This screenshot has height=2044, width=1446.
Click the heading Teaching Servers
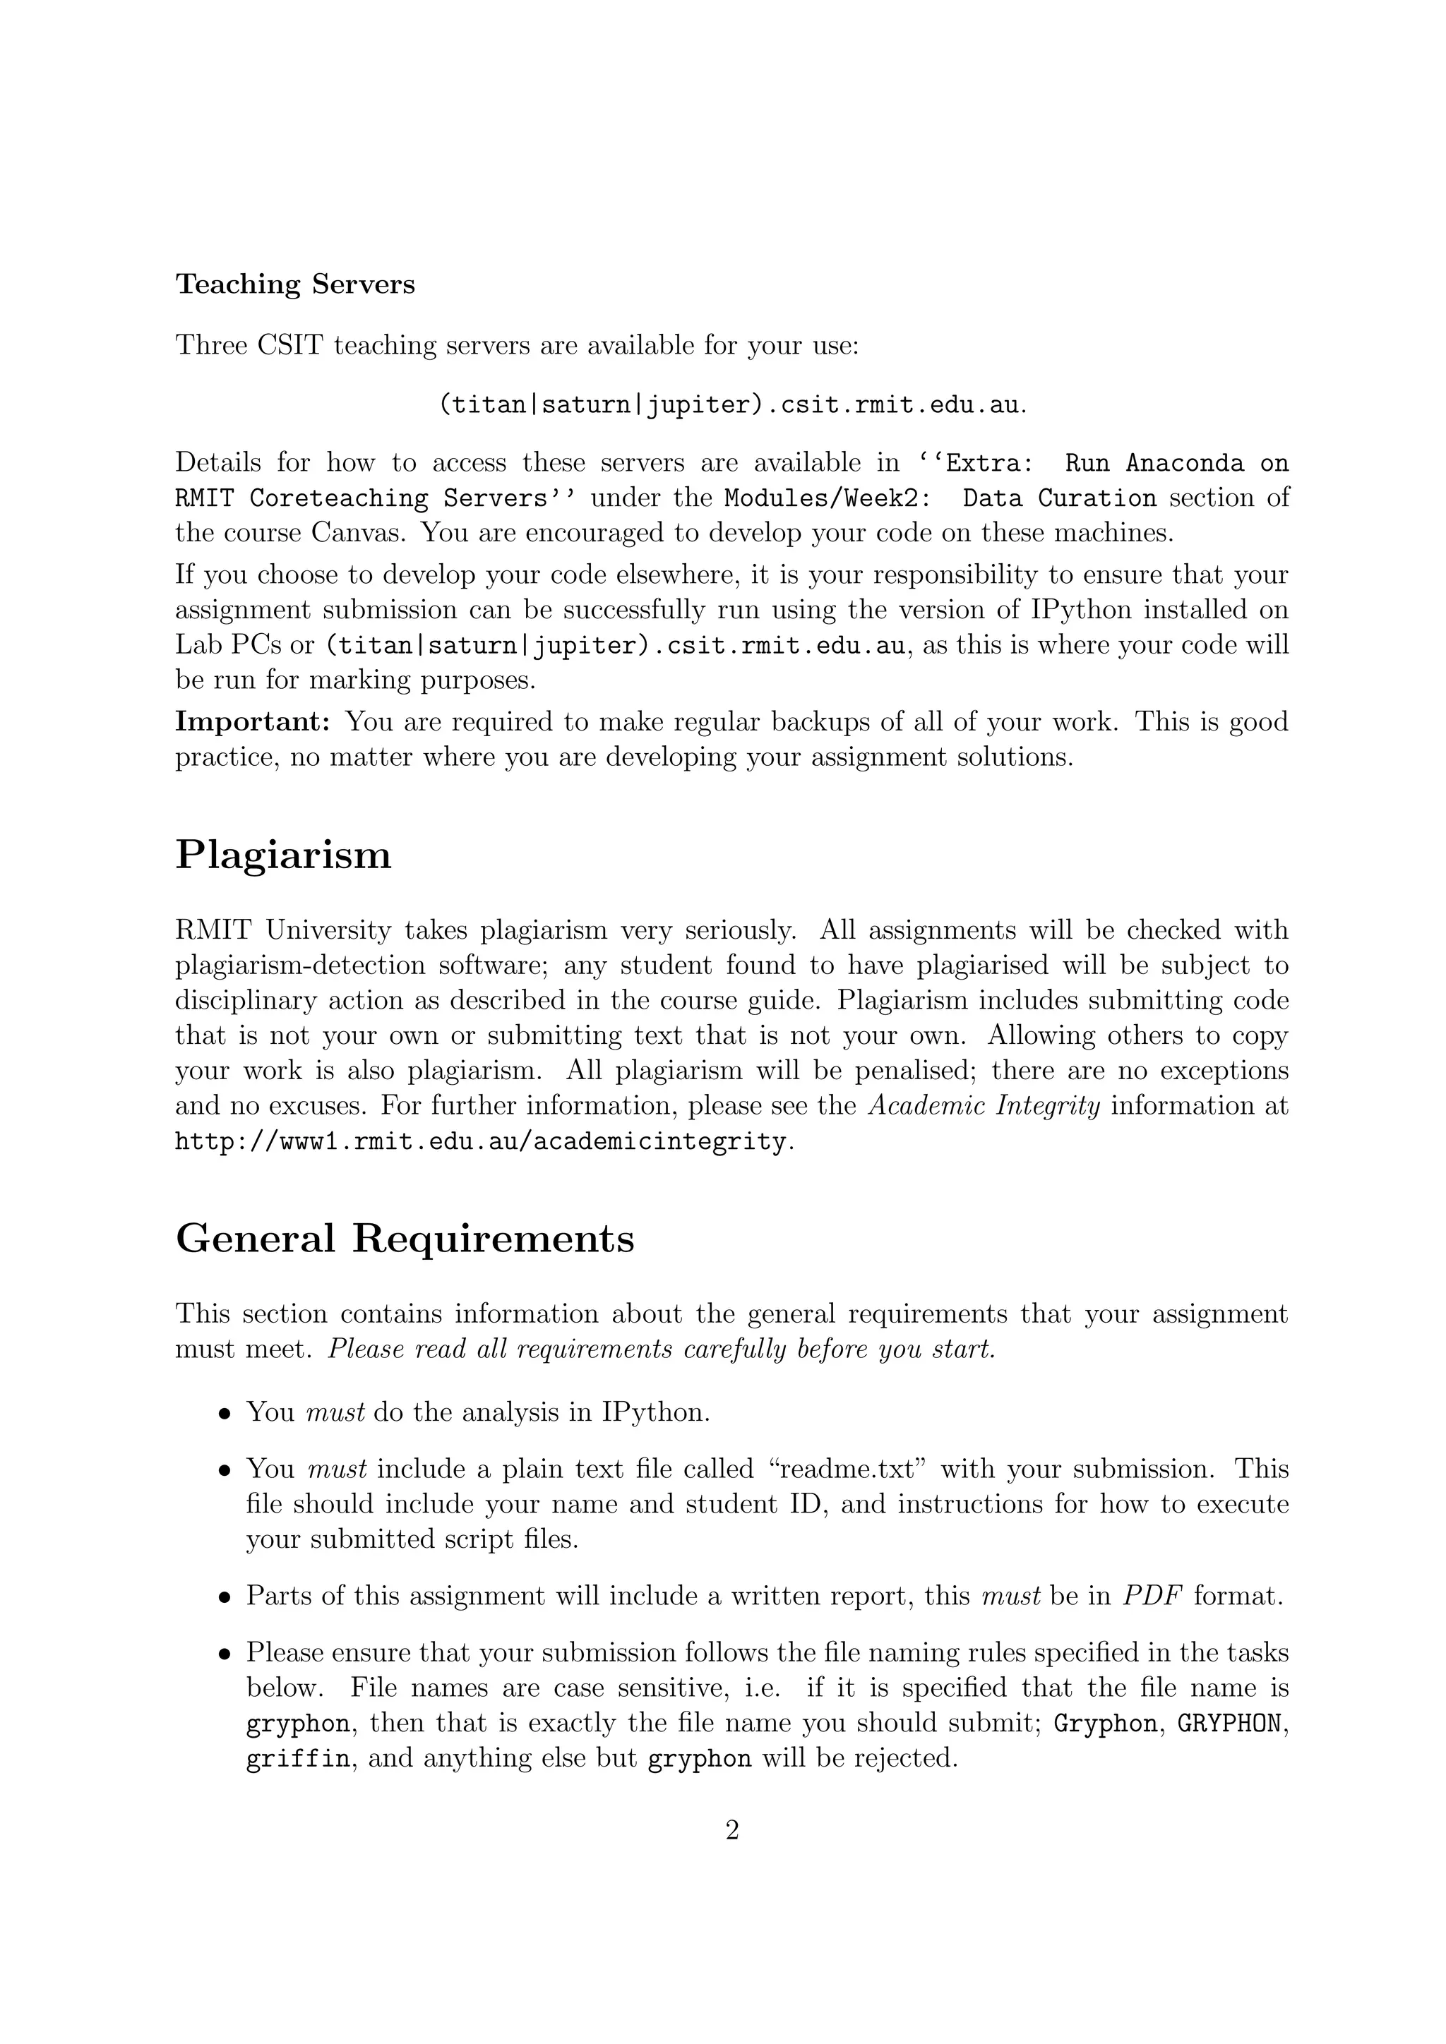[x=294, y=285]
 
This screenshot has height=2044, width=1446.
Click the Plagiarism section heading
[x=283, y=855]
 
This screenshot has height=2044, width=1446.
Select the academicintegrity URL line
[x=481, y=1141]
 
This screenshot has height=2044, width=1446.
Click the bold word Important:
[x=253, y=721]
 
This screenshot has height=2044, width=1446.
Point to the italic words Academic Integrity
[x=984, y=1106]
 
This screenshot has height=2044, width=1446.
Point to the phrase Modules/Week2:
[x=827, y=498]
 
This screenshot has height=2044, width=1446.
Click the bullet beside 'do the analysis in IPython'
[x=226, y=1414]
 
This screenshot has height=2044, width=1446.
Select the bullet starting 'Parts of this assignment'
[x=226, y=1597]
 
